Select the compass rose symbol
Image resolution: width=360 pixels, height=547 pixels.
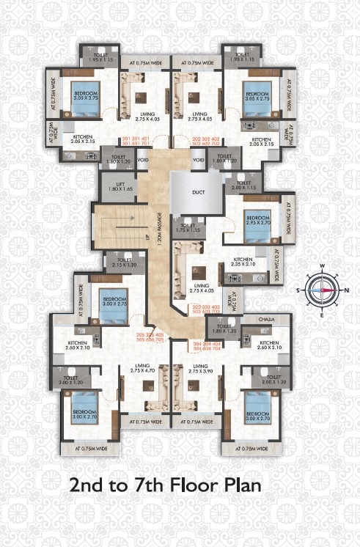(321, 289)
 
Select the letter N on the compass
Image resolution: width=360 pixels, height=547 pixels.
(348, 290)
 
